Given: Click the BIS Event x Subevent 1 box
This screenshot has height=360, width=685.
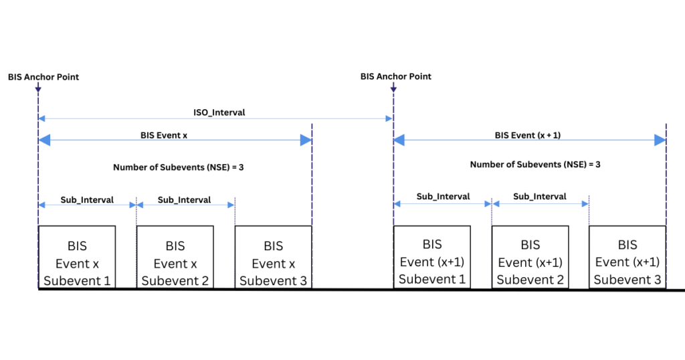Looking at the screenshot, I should click(77, 258).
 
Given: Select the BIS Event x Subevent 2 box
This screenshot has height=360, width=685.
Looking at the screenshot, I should click(175, 258).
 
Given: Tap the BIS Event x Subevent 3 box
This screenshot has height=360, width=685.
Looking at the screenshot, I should click(273, 258).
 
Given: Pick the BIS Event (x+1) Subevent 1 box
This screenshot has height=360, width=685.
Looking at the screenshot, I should click(432, 258).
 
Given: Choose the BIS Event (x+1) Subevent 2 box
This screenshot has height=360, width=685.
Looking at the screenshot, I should click(530, 258).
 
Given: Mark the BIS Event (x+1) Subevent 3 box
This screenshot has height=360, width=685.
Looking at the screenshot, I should click(627, 258).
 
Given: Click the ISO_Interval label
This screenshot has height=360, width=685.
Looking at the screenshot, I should click(218, 112).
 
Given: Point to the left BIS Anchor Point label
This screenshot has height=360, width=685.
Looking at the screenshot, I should click(43, 77).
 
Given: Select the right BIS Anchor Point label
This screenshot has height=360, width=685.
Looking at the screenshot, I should click(396, 77).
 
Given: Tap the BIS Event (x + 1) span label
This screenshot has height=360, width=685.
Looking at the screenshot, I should click(528, 134).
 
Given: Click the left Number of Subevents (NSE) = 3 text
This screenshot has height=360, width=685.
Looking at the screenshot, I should click(178, 167).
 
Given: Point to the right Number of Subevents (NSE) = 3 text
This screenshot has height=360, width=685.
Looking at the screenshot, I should click(535, 164).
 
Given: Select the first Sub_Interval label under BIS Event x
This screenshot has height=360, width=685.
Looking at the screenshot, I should click(87, 199).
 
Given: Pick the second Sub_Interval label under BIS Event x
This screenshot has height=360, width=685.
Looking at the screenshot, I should click(184, 199).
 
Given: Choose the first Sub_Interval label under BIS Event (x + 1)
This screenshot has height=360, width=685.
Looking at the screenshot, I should click(443, 197).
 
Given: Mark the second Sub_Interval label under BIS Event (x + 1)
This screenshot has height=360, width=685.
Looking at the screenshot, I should click(540, 197).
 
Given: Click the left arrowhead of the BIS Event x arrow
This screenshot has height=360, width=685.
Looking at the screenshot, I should click(44, 140).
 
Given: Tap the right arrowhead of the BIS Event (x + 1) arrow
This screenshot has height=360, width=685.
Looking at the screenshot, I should click(660, 140).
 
